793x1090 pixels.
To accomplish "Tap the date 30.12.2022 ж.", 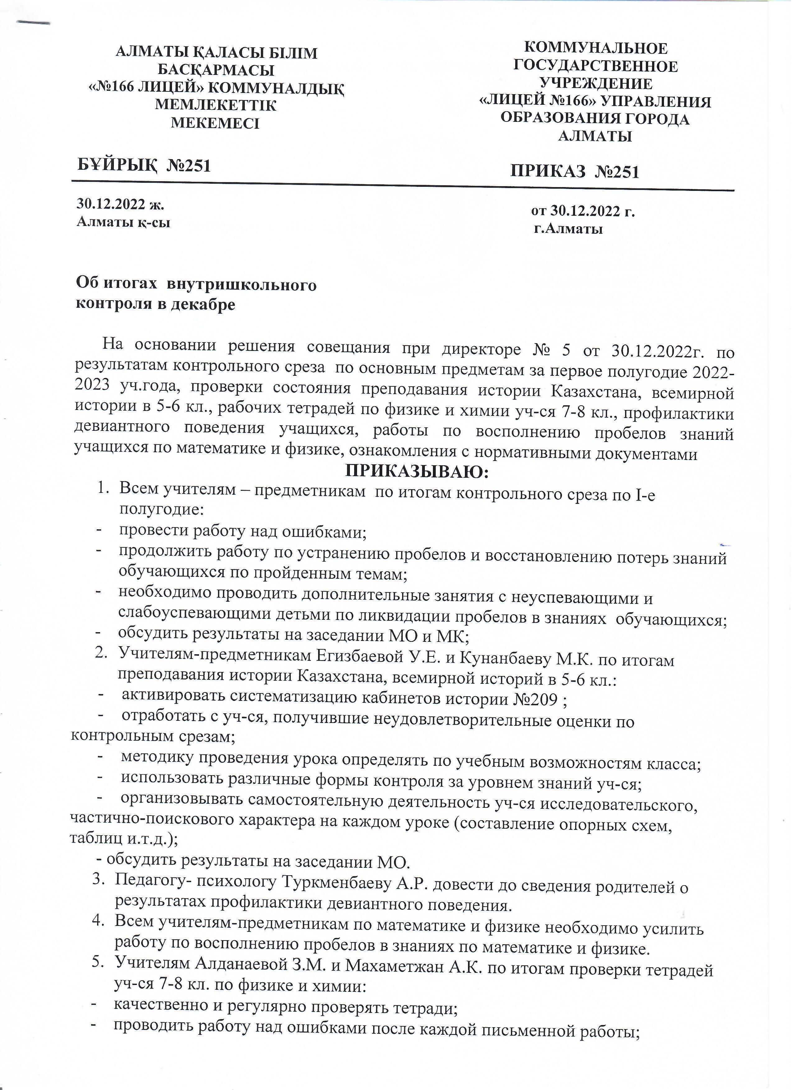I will click(120, 204).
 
